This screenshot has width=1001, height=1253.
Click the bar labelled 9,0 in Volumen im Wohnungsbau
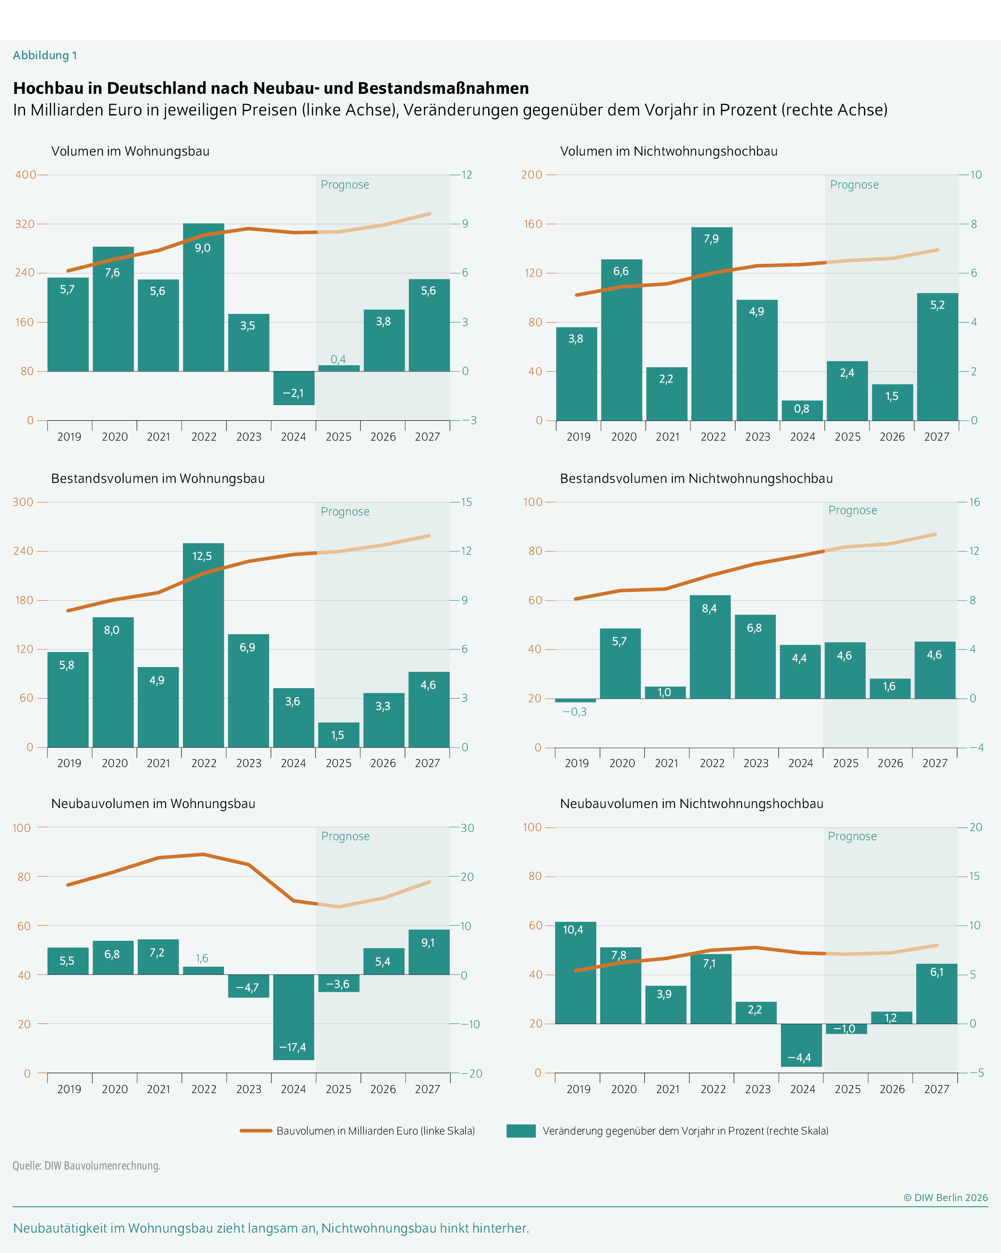[x=204, y=297]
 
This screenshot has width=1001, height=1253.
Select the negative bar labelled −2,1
[x=294, y=388]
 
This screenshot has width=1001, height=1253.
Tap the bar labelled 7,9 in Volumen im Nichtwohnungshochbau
[x=712, y=324]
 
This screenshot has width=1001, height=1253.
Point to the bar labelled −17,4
[x=294, y=1017]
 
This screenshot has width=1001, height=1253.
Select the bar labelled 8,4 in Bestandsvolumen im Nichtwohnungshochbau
[x=710, y=647]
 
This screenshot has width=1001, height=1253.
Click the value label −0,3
[x=574, y=712]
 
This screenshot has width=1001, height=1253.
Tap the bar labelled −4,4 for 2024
[x=801, y=1045]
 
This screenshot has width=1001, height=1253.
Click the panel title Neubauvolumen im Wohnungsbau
[x=153, y=804]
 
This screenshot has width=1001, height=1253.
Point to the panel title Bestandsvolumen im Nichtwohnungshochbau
[x=696, y=478]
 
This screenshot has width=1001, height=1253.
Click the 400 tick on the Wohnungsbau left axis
[x=25, y=174]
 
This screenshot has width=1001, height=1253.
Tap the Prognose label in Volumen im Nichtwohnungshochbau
[x=854, y=185]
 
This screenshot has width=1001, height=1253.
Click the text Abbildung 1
[x=45, y=55]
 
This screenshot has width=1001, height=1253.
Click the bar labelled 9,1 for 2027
[x=429, y=952]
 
